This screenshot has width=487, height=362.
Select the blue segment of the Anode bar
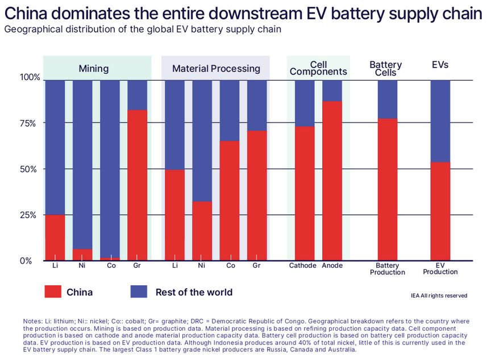tap(332, 90)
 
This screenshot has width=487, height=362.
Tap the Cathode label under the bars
tap(302, 265)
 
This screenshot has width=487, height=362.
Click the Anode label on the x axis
tap(332, 265)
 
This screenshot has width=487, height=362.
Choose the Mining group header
tap(93, 69)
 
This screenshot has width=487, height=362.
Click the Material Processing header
tap(216, 69)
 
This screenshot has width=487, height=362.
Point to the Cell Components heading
tap(318, 68)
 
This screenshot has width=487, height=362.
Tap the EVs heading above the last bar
tap(440, 65)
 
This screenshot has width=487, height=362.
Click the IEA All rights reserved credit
tap(439, 296)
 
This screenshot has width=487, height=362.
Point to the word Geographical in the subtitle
tap(34, 29)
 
